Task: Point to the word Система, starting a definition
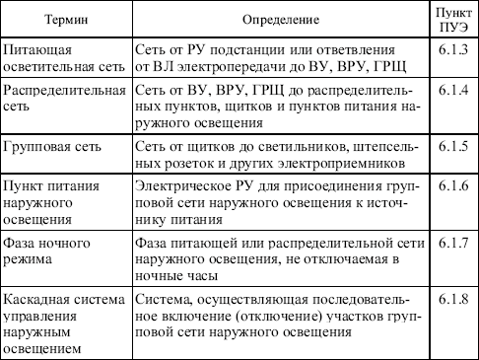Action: coord(159,293)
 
